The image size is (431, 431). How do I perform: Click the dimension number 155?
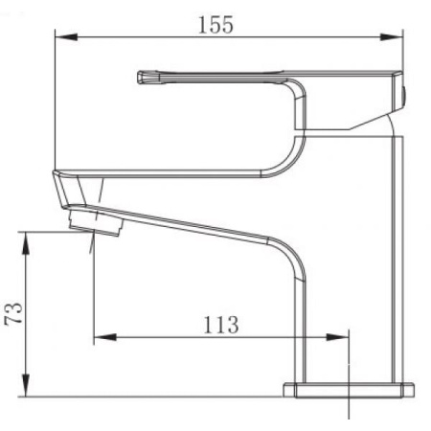(x=215, y=25)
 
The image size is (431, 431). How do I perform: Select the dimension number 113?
(x=221, y=325)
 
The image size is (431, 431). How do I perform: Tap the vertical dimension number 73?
(x=14, y=313)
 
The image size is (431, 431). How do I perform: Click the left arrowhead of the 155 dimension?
(x=66, y=37)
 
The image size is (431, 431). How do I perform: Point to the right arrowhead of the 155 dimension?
(x=392, y=37)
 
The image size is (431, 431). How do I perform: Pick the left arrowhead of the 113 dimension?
(x=105, y=337)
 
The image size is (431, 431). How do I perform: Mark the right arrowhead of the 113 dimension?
(x=337, y=337)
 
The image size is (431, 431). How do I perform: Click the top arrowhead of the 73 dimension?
(x=26, y=243)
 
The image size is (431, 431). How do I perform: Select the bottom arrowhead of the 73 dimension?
(x=26, y=386)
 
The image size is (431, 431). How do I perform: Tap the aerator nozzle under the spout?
(x=96, y=222)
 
